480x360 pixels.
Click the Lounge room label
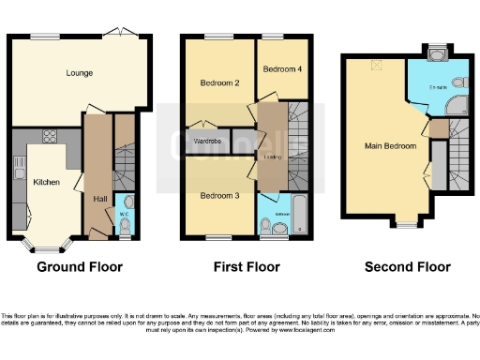pyautogui.click(x=78, y=72)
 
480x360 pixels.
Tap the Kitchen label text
pyautogui.click(x=47, y=182)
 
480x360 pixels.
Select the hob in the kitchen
pyautogui.click(x=49, y=135)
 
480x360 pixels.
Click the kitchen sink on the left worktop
pyautogui.click(x=19, y=169)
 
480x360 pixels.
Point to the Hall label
pyautogui.click(x=99, y=199)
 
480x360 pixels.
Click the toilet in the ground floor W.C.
pyautogui.click(x=127, y=203)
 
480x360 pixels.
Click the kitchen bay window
pyautogui.click(x=47, y=247)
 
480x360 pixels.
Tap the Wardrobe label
pyautogui.click(x=207, y=142)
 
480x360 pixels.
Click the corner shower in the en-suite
pyautogui.click(x=457, y=104)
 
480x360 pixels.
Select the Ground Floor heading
pyautogui.click(x=79, y=267)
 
